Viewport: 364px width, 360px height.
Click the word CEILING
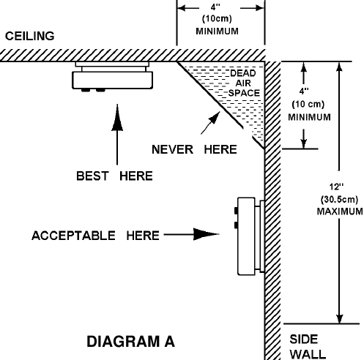tap(30, 36)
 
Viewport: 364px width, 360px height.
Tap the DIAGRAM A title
tap(131, 341)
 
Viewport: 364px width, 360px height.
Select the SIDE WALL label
tap(308, 347)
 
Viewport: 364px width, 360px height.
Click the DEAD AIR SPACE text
tap(244, 83)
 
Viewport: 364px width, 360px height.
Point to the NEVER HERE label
tap(194, 149)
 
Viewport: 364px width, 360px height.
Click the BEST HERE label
tap(114, 176)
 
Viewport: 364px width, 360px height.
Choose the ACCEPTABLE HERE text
tap(95, 236)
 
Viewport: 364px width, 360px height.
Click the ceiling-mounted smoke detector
tap(112, 77)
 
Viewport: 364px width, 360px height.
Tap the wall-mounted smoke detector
tap(251, 236)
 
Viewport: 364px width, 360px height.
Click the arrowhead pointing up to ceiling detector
tap(117, 118)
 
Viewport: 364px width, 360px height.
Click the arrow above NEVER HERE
tap(210, 123)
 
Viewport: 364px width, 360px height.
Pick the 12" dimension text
tap(336, 187)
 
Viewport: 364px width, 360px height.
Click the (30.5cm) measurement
tap(339, 199)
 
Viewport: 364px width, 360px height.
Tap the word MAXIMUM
tap(340, 211)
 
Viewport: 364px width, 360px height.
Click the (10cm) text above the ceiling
tap(217, 19)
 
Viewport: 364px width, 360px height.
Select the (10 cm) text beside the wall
tap(308, 105)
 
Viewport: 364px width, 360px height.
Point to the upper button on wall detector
tap(236, 211)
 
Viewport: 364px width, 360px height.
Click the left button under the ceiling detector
tap(86, 90)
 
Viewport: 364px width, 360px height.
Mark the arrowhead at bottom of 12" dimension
tap(339, 318)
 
